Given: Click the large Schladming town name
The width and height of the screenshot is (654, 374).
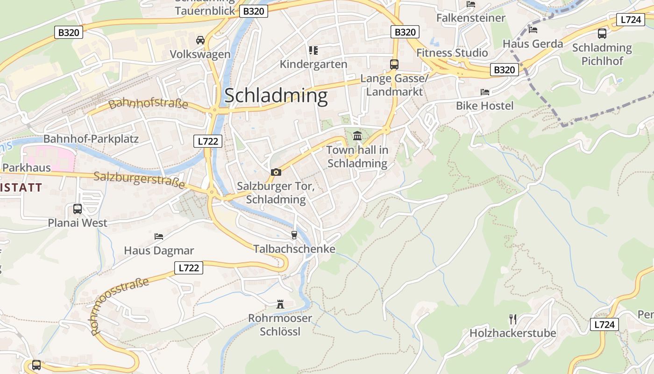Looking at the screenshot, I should tap(276, 96).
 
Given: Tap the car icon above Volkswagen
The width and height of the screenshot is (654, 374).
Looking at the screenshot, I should tap(200, 40).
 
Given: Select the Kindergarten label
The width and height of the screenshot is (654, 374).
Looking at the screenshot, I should tap(313, 64).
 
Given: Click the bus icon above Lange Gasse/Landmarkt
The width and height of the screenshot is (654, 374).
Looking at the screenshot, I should tap(394, 64).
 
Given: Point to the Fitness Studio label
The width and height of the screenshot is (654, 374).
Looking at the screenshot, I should tap(452, 52).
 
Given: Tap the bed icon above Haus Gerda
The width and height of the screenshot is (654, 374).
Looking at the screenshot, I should tap(533, 30).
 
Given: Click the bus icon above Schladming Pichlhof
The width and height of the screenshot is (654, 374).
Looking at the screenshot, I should tap(602, 33).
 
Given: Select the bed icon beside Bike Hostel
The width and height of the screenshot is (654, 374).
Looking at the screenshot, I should tap(485, 92).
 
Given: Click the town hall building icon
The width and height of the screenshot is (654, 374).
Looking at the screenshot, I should tap(357, 136).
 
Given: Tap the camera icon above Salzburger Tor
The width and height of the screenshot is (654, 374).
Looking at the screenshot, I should tap(276, 172).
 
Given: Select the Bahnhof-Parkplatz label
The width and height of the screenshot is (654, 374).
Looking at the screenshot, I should tap(91, 139).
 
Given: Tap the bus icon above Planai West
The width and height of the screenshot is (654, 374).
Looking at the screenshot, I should tap(78, 209).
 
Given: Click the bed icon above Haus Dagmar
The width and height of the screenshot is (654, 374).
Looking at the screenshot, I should tap(159, 237).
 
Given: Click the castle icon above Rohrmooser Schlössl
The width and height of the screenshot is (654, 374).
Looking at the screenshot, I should tap(280, 304).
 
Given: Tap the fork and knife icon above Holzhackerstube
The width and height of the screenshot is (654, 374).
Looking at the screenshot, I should tap(513, 319).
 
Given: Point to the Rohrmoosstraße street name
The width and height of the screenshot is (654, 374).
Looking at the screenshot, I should tap(120, 306).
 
